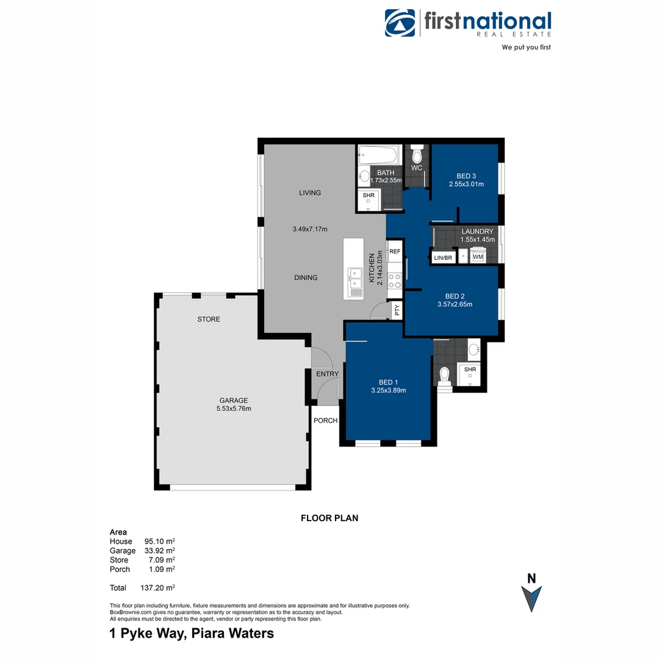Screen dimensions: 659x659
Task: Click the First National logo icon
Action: click(x=400, y=23)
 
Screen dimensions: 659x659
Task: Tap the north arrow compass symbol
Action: click(x=531, y=597)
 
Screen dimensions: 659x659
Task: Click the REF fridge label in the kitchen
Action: click(x=395, y=251)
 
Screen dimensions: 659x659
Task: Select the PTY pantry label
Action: click(x=397, y=310)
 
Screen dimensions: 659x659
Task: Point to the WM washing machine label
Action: click(x=478, y=257)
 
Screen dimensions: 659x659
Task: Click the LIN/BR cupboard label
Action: click(x=442, y=257)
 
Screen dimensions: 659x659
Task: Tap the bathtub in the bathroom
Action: click(x=378, y=154)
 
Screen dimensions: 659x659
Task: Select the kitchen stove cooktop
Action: click(x=395, y=280)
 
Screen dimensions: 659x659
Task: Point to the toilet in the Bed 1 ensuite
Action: click(x=445, y=374)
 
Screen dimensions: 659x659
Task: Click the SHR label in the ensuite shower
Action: click(x=470, y=370)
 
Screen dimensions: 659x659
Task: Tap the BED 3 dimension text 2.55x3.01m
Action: click(x=466, y=184)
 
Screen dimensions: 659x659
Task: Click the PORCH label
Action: click(x=325, y=421)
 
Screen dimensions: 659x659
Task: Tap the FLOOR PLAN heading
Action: click(x=329, y=518)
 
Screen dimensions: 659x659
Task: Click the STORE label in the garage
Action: click(x=209, y=319)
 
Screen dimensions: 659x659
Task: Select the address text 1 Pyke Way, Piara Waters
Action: click(x=192, y=633)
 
